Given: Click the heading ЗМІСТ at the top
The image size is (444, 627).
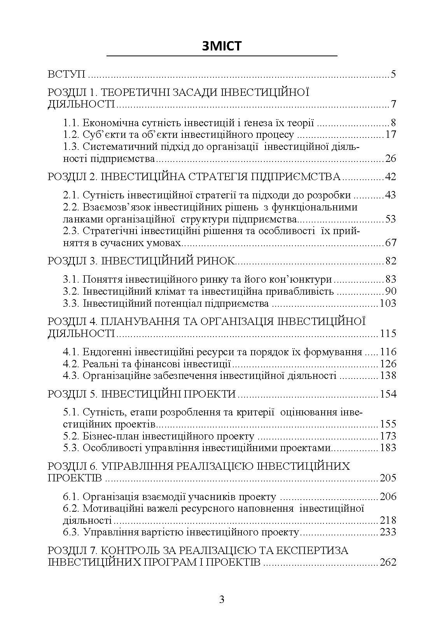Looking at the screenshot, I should [x=222, y=46].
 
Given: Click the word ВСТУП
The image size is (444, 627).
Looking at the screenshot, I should [x=66, y=74].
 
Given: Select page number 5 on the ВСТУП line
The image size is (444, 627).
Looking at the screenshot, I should [x=393, y=74].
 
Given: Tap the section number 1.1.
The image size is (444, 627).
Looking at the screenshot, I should [x=72, y=123].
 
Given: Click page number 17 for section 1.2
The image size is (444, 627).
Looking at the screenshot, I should [x=390, y=135].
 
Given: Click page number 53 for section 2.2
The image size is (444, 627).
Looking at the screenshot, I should [x=390, y=219].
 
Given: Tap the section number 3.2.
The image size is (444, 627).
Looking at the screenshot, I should [x=72, y=291].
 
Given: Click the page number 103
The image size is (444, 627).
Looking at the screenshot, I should [x=388, y=303].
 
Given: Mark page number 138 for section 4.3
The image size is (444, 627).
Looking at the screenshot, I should [x=388, y=375].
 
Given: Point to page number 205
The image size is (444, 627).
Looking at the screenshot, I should [x=388, y=478].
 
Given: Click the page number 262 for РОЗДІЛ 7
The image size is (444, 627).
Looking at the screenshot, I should [x=388, y=562].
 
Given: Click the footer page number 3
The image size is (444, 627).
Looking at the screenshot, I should [x=222, y=599].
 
